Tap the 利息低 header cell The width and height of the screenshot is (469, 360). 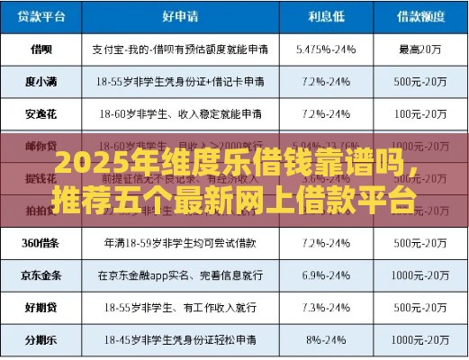coord(326,16)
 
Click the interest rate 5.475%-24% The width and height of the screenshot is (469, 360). coord(326,48)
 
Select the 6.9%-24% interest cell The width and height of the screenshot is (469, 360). coord(326,274)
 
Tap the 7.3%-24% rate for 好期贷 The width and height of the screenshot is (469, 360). coord(326,308)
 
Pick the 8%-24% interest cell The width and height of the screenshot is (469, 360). coord(326,340)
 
